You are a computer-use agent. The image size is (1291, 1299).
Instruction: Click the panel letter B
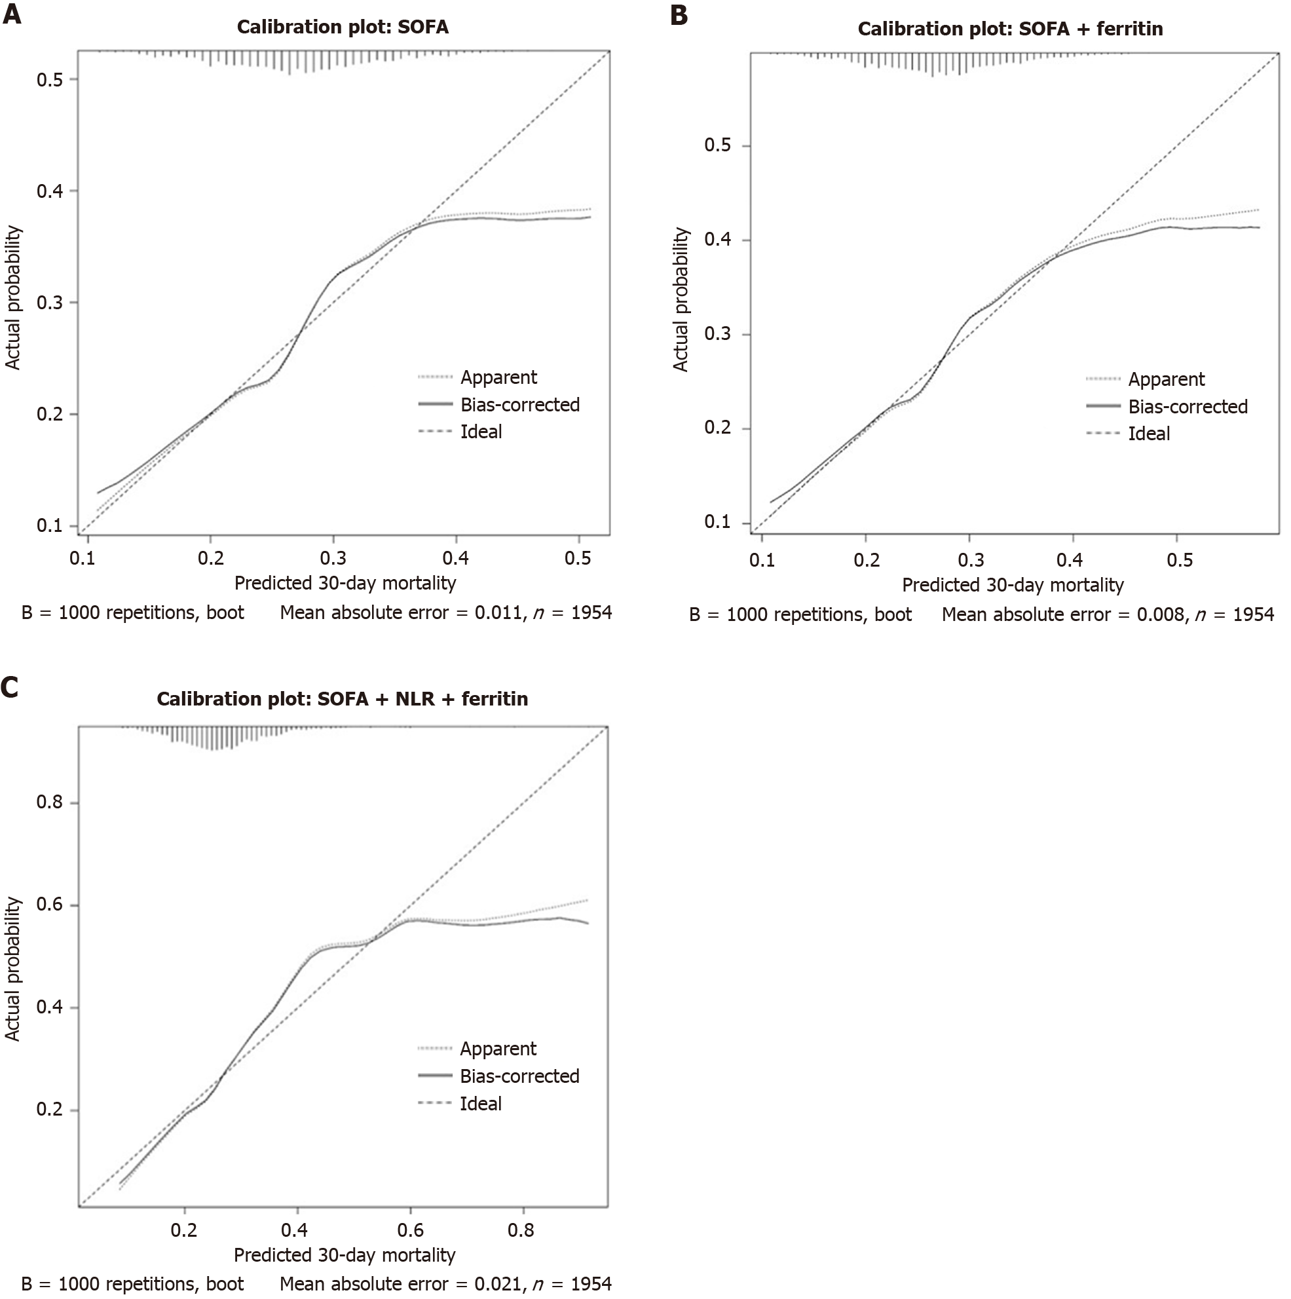coord(679,15)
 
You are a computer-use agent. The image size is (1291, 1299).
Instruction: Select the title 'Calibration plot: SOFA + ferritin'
coord(1010,29)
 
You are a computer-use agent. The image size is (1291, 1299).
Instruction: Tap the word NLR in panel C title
coord(415,699)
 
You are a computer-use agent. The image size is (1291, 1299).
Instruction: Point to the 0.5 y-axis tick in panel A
coord(49,79)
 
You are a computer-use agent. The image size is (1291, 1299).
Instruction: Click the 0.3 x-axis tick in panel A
coord(333,558)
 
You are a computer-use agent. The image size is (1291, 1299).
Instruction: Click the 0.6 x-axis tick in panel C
coord(410,1230)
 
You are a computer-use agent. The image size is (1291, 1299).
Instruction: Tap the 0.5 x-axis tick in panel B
coord(1180,560)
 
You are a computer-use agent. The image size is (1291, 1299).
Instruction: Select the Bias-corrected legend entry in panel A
coord(519,405)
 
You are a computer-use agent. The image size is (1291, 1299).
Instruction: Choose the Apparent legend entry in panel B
coord(1166,379)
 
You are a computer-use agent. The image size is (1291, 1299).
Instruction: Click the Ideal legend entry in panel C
coord(480,1103)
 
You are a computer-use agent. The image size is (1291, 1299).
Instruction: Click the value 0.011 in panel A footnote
coord(498,612)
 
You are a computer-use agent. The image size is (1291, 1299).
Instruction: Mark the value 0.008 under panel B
coord(1160,614)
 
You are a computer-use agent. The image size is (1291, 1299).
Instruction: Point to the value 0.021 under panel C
coord(498,1284)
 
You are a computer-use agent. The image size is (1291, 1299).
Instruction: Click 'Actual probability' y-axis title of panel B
coord(681,299)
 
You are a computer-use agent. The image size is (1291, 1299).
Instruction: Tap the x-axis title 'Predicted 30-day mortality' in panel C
coord(345,1254)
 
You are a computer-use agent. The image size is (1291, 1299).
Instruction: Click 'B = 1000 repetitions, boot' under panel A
coord(132,612)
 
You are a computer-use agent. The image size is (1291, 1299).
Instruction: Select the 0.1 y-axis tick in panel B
coord(717,521)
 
